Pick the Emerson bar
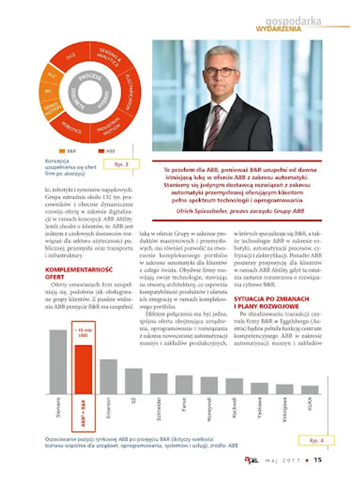pos(109,376)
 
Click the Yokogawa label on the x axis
pos(285,410)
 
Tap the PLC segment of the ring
pos(51,75)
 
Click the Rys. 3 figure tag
pos(122,164)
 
